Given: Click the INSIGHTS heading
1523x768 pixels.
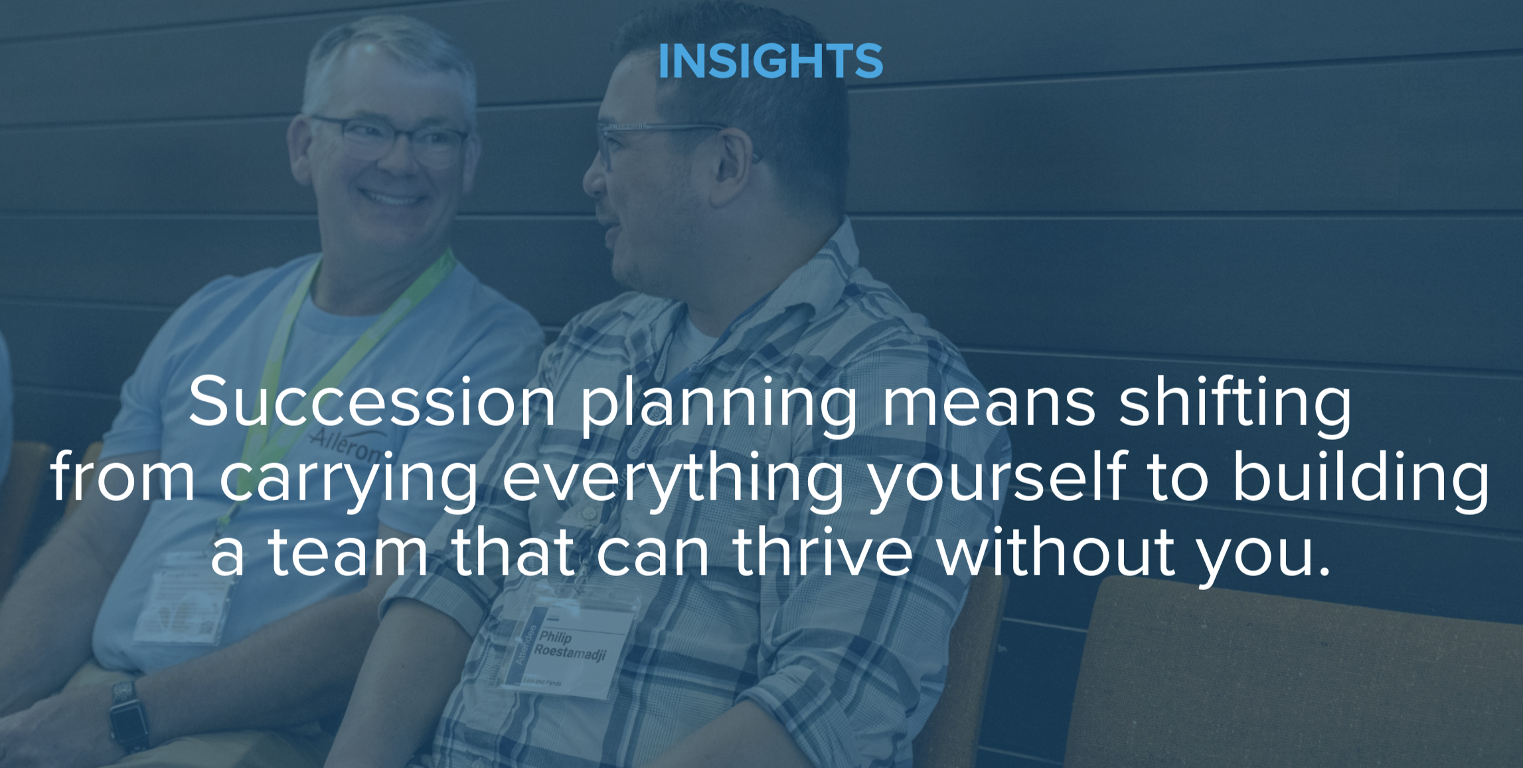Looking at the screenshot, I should tap(770, 61).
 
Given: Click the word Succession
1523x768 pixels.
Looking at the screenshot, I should tap(372, 403).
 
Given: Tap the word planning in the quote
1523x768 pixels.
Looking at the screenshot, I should tap(719, 405).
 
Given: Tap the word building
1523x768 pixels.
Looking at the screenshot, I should tap(1361, 478).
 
